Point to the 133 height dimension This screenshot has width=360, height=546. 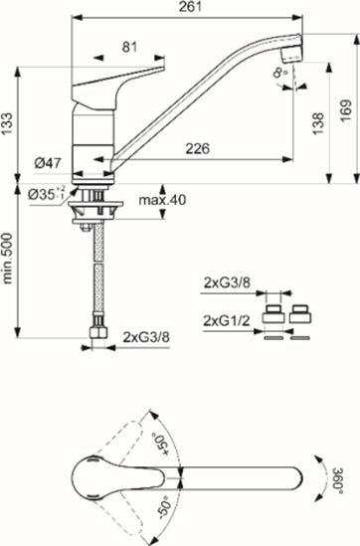pos(10,122)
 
